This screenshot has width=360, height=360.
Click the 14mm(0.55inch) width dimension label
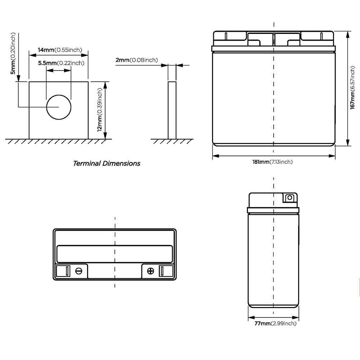click(x=60, y=50)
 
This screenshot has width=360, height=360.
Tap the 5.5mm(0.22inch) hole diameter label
click(x=61, y=63)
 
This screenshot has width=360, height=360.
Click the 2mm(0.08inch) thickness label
click(x=136, y=60)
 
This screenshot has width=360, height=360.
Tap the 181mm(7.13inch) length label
click(x=272, y=162)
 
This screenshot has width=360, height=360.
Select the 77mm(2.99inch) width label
click(x=275, y=324)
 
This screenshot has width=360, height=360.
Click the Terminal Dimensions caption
click(x=107, y=163)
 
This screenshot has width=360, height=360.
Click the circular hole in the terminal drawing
click(x=59, y=107)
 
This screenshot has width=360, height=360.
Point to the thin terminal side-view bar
click(x=172, y=110)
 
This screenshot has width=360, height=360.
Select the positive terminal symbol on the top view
click(x=151, y=271)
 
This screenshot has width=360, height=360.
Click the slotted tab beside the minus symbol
click(x=67, y=271)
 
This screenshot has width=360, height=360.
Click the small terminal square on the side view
click(x=289, y=198)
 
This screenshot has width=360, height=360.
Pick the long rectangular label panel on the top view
click(x=115, y=253)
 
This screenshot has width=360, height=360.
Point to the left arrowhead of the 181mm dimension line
click(x=215, y=156)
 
